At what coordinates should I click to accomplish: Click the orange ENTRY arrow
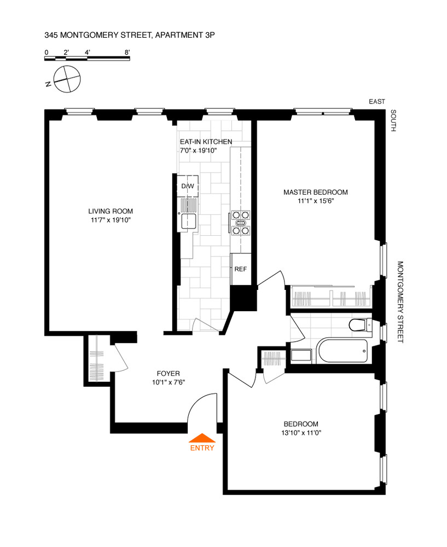coord(202,437)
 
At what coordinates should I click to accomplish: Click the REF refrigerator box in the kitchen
coord(240,269)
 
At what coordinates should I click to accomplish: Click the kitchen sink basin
coord(189,221)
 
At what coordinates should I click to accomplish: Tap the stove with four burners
coord(241,223)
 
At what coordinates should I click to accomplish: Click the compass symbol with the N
coord(66,79)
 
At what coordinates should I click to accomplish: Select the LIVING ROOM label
coord(111,211)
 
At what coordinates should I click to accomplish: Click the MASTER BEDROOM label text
coord(315,192)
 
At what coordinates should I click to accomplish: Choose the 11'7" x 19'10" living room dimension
coord(111,220)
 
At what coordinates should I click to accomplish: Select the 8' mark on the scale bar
coord(127,53)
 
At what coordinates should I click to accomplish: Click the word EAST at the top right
coord(377,101)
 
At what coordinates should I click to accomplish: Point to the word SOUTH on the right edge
coord(393,121)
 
